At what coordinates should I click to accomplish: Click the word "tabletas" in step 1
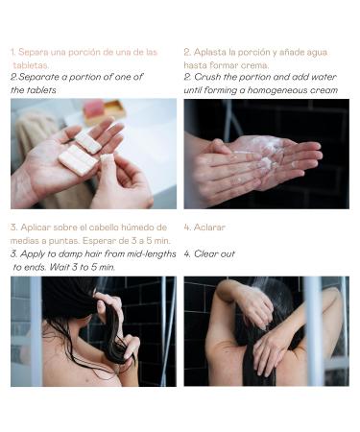pos(31,65)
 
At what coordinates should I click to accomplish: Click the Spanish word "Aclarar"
pos(209,228)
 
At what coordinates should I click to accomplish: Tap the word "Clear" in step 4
pos(205,253)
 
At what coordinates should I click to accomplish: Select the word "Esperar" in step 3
pos(99,241)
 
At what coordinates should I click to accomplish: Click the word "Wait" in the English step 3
pos(59,267)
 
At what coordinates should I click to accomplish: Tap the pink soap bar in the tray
pos(93,109)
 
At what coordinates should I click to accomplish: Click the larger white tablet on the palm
pos(78,160)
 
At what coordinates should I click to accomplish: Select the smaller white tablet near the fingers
pos(88,142)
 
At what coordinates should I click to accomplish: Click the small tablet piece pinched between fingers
pos(107,157)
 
